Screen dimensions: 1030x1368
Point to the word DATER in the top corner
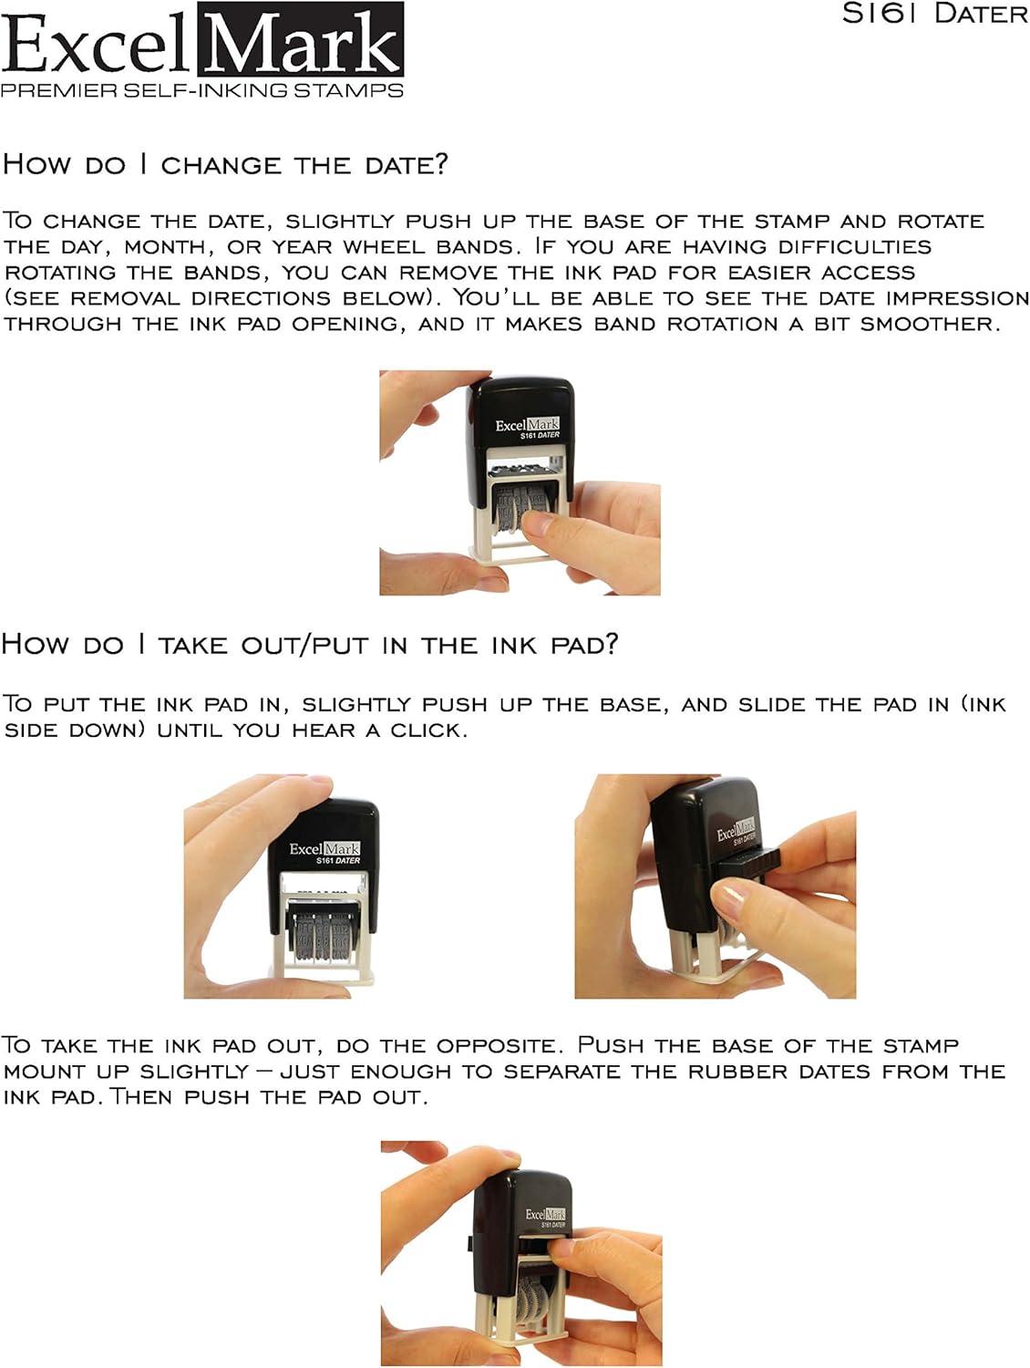click(981, 14)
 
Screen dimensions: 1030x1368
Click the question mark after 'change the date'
click(440, 164)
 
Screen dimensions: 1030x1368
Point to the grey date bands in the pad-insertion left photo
click(322, 934)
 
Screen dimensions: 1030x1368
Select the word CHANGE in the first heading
click(221, 165)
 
